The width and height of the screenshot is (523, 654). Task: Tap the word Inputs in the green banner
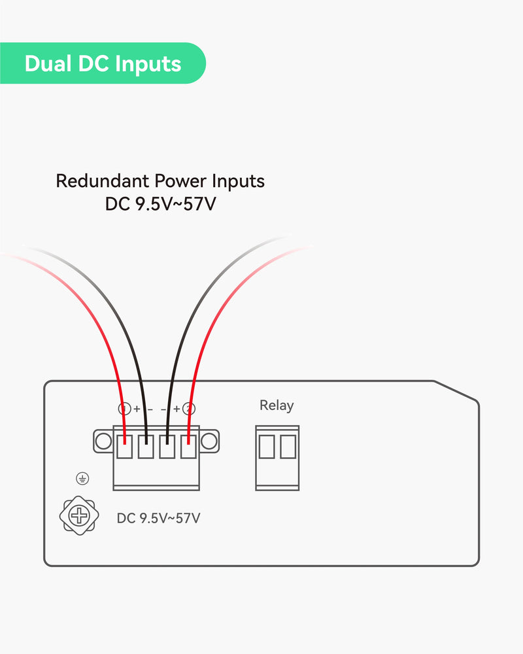tap(148, 64)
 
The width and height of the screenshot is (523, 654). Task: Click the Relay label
tap(277, 405)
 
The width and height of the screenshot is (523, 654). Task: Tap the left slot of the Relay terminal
tap(266, 447)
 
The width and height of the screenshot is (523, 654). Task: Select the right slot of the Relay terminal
tap(288, 447)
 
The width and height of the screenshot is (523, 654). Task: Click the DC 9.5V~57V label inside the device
tap(158, 519)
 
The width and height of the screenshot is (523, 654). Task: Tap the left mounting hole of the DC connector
tap(103, 441)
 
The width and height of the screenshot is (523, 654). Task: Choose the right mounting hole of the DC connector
tap(209, 441)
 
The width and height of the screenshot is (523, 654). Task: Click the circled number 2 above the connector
tap(189, 409)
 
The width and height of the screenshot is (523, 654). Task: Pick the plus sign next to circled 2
tap(177, 409)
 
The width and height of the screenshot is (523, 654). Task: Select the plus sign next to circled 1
tap(137, 409)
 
